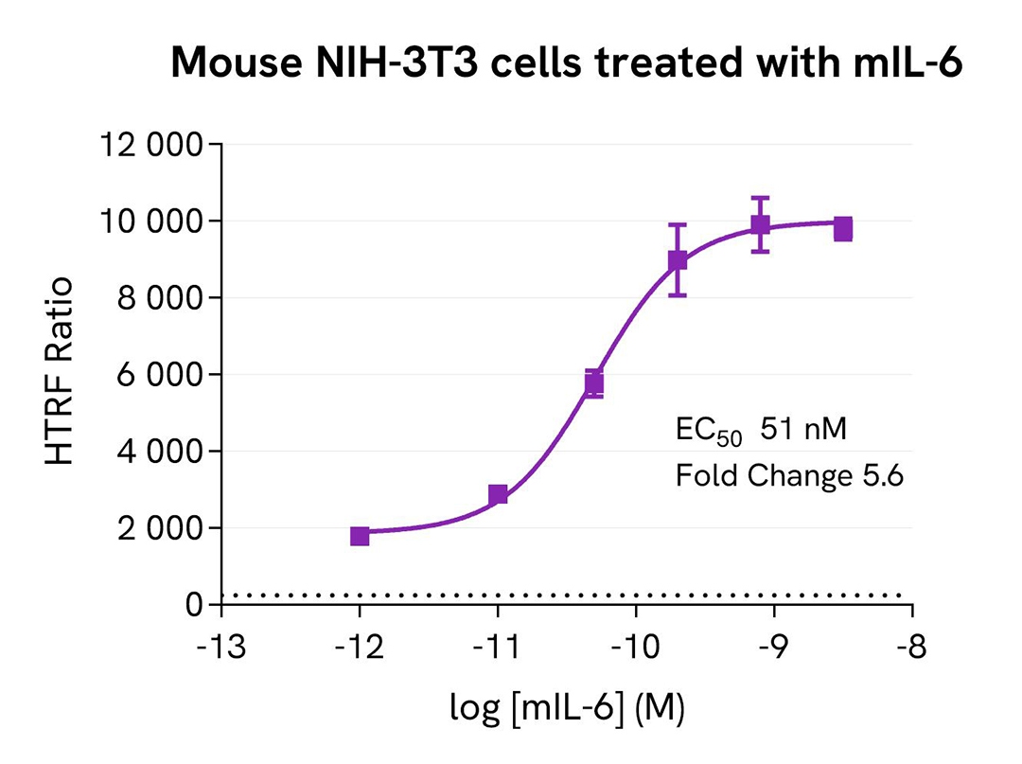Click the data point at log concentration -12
point(360,536)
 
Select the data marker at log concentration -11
point(498,494)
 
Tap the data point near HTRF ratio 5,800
point(593,383)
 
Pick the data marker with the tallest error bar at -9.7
point(677,260)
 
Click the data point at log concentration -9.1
point(760,225)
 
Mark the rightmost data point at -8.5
point(842,228)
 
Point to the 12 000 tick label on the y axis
point(151,145)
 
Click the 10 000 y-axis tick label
point(151,222)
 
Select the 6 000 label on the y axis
point(158,375)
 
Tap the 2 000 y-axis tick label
point(158,528)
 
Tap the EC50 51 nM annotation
point(754,431)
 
